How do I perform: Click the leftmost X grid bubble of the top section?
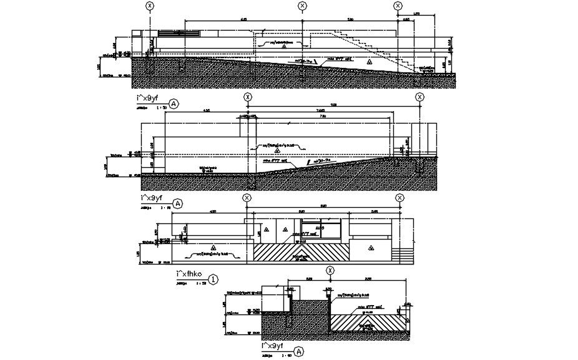point(149,6)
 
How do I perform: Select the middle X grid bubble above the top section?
point(303,6)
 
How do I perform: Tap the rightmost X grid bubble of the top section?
point(398,6)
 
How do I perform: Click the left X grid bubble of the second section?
point(248,97)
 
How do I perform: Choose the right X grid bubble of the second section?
point(419,97)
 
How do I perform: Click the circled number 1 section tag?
point(213,280)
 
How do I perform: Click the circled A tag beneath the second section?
point(179,203)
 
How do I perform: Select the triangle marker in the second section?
point(278,150)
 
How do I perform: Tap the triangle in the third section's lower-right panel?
point(370,248)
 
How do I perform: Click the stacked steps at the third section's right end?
point(403,255)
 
